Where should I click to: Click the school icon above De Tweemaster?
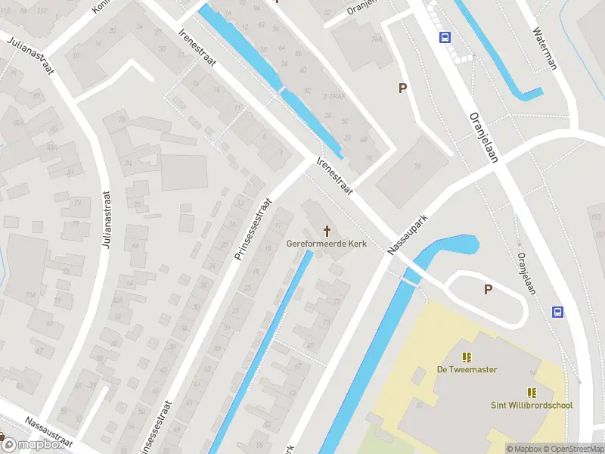pos(467,356)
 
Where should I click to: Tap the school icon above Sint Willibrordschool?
pos(532,392)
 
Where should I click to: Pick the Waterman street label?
pos(544,49)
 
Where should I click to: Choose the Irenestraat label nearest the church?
pos(335,177)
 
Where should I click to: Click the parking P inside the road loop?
pos(488,289)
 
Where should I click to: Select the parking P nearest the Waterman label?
pos(403,89)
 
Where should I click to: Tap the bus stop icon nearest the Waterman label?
pos(445,36)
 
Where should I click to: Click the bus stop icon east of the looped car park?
pos(558,311)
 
